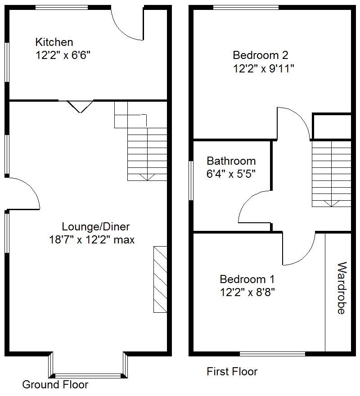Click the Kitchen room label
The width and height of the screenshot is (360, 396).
click(x=54, y=42)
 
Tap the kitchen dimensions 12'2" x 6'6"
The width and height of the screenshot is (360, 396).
click(x=66, y=55)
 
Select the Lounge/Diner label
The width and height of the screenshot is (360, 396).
click(x=95, y=226)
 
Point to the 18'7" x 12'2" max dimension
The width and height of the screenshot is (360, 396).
click(x=92, y=239)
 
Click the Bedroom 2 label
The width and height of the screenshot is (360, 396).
click(x=260, y=55)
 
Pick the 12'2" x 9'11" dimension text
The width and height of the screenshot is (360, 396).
click(x=264, y=68)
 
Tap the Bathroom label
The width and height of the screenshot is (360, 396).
click(x=231, y=161)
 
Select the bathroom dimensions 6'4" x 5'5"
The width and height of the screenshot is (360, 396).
click(x=231, y=174)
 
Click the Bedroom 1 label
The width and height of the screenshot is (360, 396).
click(x=247, y=279)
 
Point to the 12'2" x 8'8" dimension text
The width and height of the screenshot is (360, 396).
click(x=247, y=292)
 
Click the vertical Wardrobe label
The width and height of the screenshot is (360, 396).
click(x=341, y=288)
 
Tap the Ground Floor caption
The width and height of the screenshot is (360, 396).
click(x=55, y=385)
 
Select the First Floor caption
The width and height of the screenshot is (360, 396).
click(x=232, y=372)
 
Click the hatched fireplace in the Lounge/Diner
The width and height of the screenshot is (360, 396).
click(x=160, y=279)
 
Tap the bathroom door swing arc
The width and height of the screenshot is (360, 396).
click(x=250, y=205)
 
